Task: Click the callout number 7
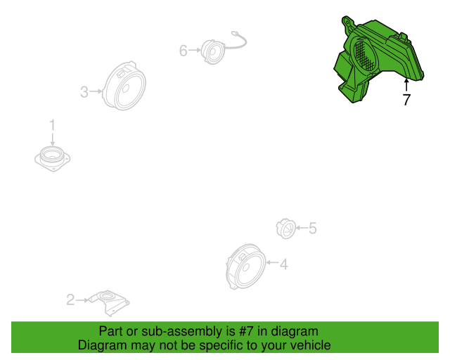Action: click(x=406, y=100)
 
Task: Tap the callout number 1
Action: click(x=52, y=125)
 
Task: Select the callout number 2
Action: click(x=70, y=300)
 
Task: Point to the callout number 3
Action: click(x=84, y=92)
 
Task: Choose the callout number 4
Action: click(x=283, y=264)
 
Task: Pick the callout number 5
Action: click(x=312, y=229)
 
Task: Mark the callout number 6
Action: click(x=184, y=51)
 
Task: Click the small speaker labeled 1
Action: click(x=53, y=159)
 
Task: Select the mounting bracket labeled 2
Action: click(x=109, y=303)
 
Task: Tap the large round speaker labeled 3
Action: click(x=124, y=86)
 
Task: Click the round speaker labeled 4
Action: click(x=245, y=266)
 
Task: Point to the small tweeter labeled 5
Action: click(x=286, y=229)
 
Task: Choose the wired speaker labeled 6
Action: click(x=212, y=52)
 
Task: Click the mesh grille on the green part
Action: click(x=364, y=56)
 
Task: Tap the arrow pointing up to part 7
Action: click(x=406, y=84)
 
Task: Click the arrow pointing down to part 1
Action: click(x=52, y=139)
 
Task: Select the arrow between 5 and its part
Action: click(x=302, y=228)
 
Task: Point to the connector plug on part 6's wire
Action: click(x=235, y=34)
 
